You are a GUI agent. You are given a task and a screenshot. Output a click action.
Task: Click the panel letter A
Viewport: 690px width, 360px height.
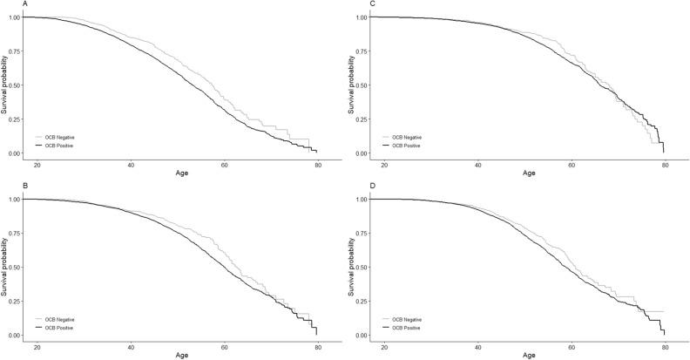pos(3,3)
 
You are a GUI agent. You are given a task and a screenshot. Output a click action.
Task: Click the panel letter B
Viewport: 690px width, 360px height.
pos(3,186)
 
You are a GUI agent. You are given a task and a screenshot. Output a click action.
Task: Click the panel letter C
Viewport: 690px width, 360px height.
pos(349,3)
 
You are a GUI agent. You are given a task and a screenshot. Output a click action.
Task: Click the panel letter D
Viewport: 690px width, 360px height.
pos(349,186)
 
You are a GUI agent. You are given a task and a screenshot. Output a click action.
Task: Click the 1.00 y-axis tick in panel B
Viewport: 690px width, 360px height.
pos(14,199)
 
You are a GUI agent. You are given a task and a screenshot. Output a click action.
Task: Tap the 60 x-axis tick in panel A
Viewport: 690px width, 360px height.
pos(224,165)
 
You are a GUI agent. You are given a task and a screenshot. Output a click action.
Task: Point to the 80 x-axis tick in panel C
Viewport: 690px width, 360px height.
pos(664,165)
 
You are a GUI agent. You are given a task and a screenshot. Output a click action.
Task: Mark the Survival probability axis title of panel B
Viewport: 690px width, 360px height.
pos(4,267)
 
